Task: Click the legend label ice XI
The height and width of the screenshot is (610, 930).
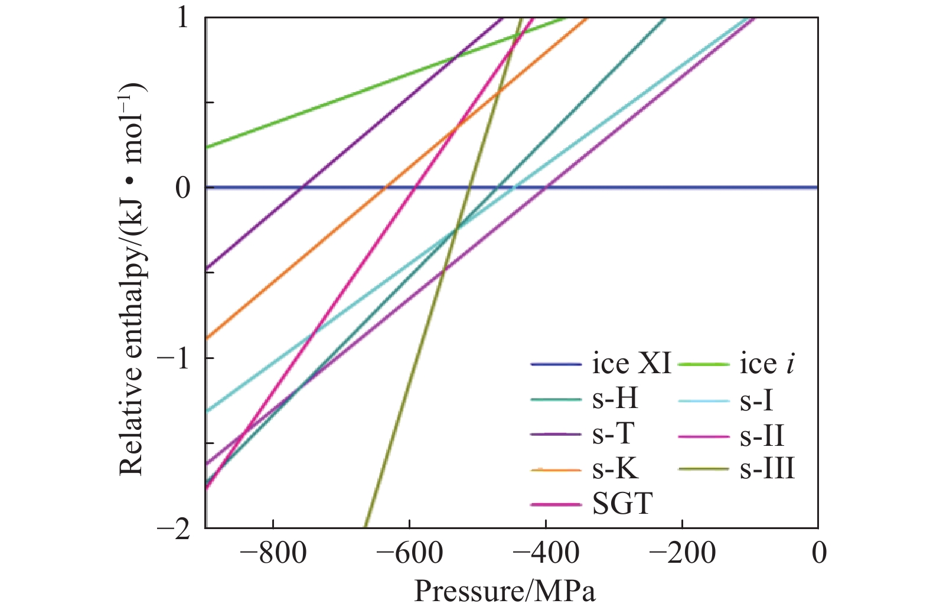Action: point(631,364)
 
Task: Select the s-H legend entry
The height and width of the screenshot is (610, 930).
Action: point(615,399)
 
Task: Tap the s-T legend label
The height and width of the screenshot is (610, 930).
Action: point(614,434)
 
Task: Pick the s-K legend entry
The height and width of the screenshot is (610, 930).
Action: point(615,469)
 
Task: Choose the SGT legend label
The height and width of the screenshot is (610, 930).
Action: point(622,504)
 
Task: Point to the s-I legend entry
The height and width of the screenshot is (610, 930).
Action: point(756,401)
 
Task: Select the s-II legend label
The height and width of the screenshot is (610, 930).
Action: point(762,436)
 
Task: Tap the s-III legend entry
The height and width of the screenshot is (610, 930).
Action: point(767,469)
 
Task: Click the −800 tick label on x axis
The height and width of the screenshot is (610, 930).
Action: point(273,553)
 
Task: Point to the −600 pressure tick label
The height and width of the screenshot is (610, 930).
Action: point(409,553)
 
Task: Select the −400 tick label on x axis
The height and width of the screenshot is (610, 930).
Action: point(546,553)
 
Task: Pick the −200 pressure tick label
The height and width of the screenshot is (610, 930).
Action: point(682,553)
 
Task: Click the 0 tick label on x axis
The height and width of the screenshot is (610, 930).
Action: point(818,553)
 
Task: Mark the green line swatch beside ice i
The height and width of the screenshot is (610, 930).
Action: point(703,364)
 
